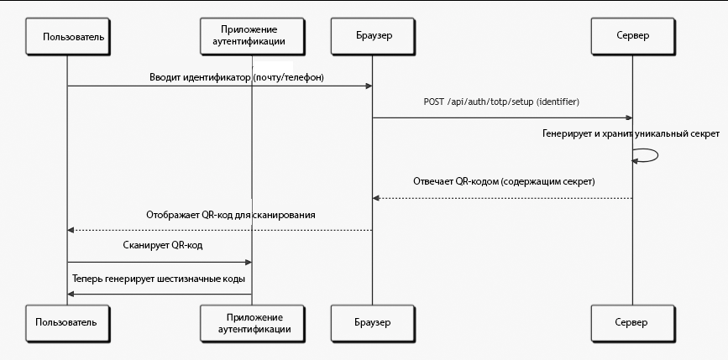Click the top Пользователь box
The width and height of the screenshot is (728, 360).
coord(68,37)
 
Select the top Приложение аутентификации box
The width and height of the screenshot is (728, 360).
coord(252,37)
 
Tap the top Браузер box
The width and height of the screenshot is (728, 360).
coord(372,37)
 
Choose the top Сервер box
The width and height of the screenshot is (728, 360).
coord(633,37)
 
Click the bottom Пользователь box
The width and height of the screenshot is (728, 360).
coord(68,323)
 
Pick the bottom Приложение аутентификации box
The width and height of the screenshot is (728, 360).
coord(252,323)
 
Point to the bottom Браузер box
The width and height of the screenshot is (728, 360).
coord(372,323)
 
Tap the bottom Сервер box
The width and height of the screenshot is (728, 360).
coord(633,323)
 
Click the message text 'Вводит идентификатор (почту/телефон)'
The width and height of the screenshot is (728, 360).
coord(237,77)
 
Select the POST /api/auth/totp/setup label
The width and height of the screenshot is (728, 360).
coord(501,102)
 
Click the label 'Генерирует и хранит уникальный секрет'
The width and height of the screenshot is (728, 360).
coord(631,134)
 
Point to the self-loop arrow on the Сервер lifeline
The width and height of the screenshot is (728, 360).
coord(657,155)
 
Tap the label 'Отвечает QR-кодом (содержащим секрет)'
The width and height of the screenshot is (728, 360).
coord(504,181)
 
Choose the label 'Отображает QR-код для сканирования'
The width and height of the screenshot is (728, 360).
coord(231,216)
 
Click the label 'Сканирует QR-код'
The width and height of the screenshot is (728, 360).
coord(163,245)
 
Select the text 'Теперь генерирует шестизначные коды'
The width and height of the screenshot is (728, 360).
coord(159,279)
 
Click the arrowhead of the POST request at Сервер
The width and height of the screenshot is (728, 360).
coord(629,117)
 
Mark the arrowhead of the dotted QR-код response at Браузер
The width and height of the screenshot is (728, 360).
coord(376,198)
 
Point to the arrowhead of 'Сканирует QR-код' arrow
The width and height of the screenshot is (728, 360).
coord(249,263)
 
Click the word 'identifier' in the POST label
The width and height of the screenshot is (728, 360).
coord(558,102)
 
